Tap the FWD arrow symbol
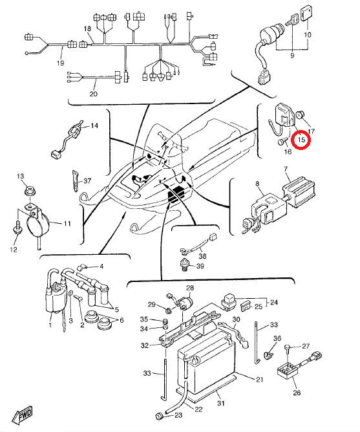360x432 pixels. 22,415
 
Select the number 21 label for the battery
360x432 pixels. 259,380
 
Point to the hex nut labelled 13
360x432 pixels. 29,190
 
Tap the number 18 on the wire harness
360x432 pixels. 87,28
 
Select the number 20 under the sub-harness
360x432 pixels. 93,94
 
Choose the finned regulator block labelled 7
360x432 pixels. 299,191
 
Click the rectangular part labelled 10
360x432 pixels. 306,13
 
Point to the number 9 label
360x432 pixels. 292,56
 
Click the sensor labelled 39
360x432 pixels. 185,265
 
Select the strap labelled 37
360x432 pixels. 75,180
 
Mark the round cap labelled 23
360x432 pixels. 160,416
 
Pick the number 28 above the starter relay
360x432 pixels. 190,288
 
